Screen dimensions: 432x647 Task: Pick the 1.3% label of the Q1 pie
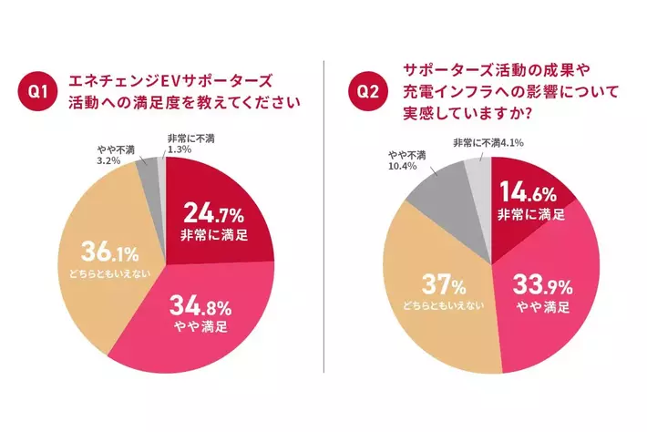(x=180, y=149)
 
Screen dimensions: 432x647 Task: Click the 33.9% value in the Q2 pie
(x=545, y=282)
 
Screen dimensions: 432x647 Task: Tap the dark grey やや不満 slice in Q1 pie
(x=148, y=171)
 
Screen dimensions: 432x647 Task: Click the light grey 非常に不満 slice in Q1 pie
(x=162, y=168)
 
